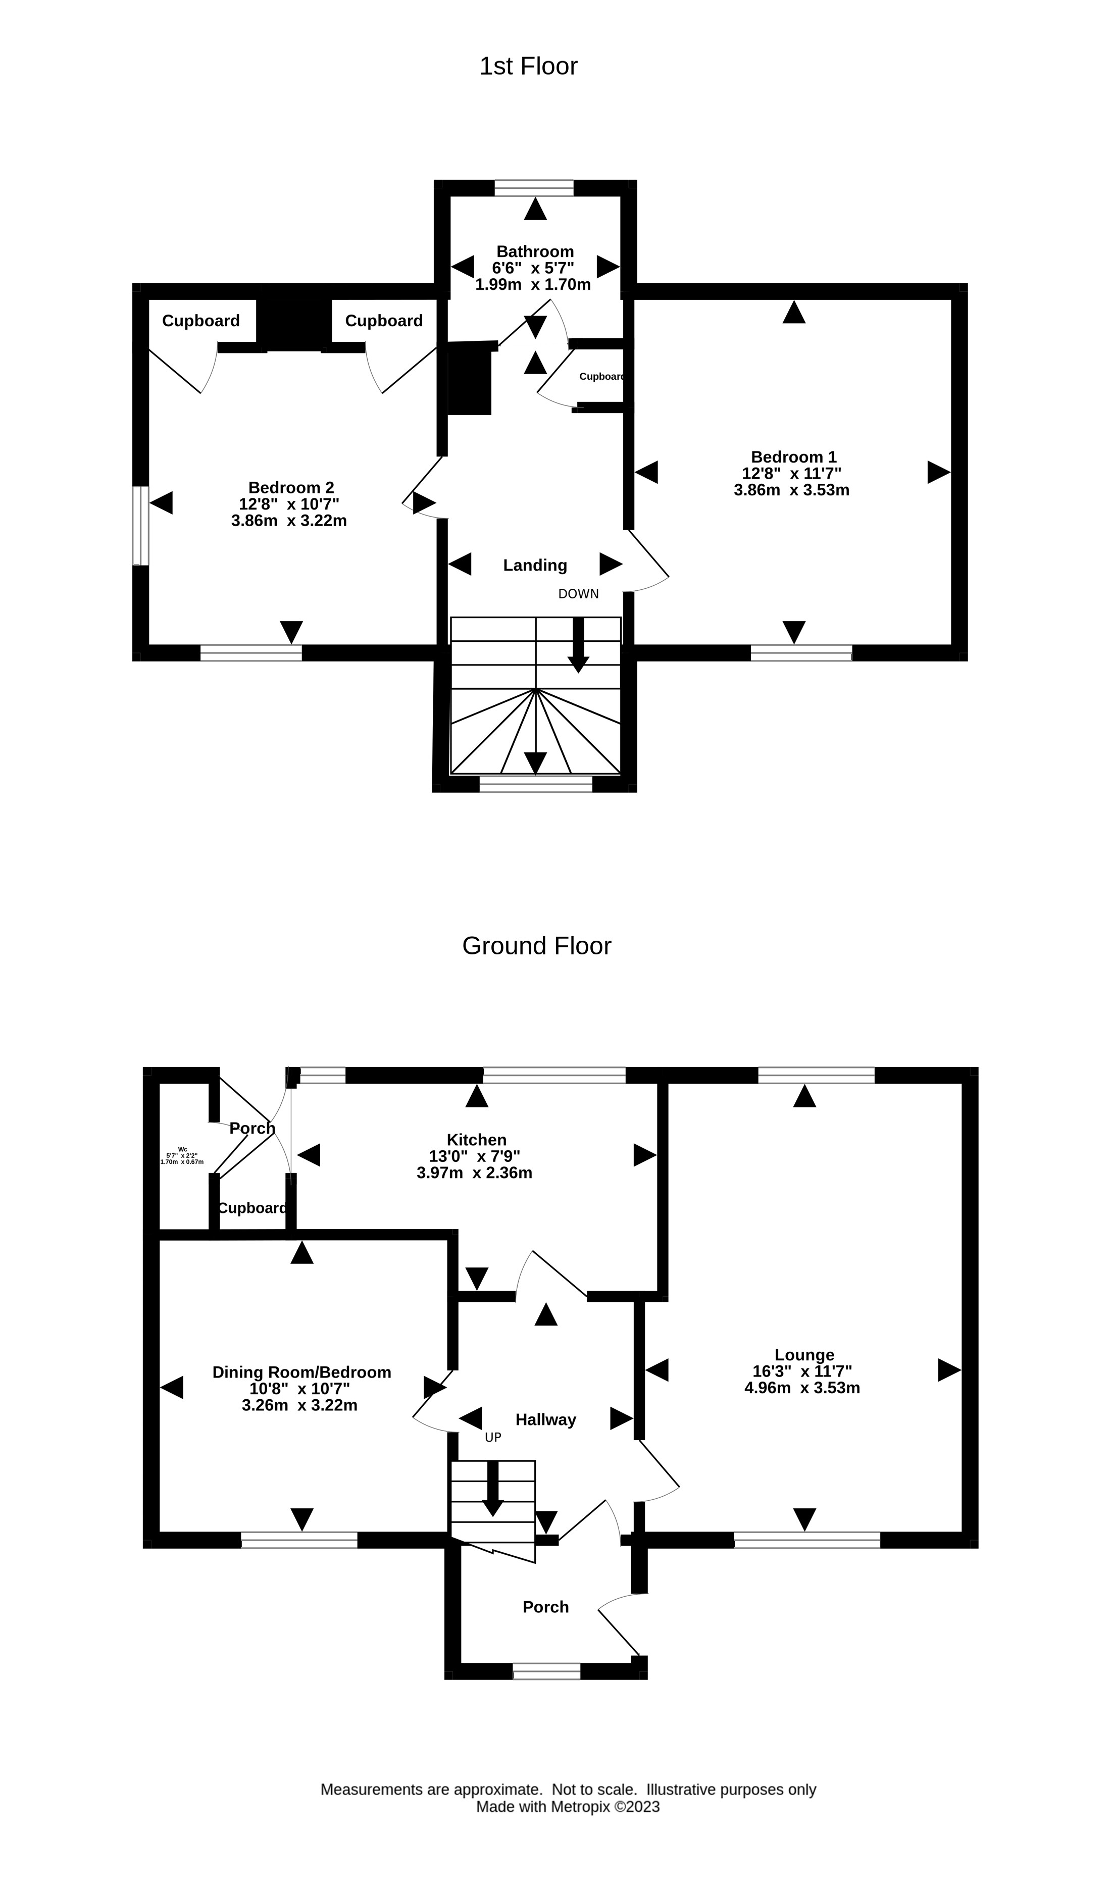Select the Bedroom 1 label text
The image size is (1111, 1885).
point(793,456)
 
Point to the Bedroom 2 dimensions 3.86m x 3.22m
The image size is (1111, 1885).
point(289,521)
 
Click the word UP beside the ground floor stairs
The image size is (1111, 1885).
point(492,1437)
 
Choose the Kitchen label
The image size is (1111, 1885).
point(476,1140)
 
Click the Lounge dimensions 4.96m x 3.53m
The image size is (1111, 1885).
point(802,1388)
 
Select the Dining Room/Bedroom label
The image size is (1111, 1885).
point(301,1372)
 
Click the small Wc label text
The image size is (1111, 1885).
point(182,1149)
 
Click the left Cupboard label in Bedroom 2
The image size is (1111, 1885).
point(200,321)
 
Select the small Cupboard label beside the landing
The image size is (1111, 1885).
point(601,377)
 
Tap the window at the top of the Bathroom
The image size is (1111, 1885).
point(534,188)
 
